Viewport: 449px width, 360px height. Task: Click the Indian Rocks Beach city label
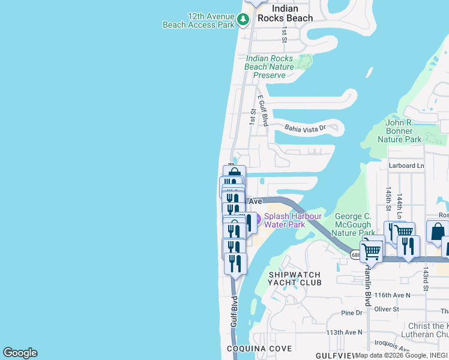click(x=285, y=13)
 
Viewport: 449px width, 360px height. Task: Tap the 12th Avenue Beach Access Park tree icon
click(x=243, y=20)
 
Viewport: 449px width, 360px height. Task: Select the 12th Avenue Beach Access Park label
click(x=198, y=20)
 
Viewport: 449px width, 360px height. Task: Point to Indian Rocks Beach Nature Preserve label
click(x=270, y=67)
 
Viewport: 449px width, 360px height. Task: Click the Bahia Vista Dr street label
click(x=305, y=128)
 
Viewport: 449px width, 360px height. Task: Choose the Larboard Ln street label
click(x=406, y=166)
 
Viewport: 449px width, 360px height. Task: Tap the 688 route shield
click(x=356, y=255)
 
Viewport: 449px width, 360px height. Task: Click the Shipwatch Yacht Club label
click(x=294, y=278)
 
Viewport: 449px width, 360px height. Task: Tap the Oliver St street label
click(x=387, y=309)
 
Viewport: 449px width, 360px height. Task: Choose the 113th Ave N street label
click(x=345, y=332)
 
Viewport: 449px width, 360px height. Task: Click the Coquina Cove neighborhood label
click(x=259, y=349)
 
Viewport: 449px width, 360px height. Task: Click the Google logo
click(x=20, y=353)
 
